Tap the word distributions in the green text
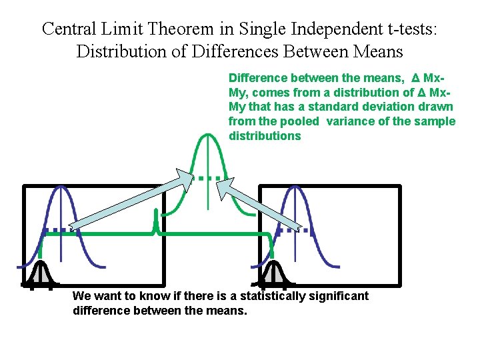point(265,136)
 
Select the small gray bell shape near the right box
point(273,273)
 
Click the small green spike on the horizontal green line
point(155,223)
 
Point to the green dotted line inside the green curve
point(208,178)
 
